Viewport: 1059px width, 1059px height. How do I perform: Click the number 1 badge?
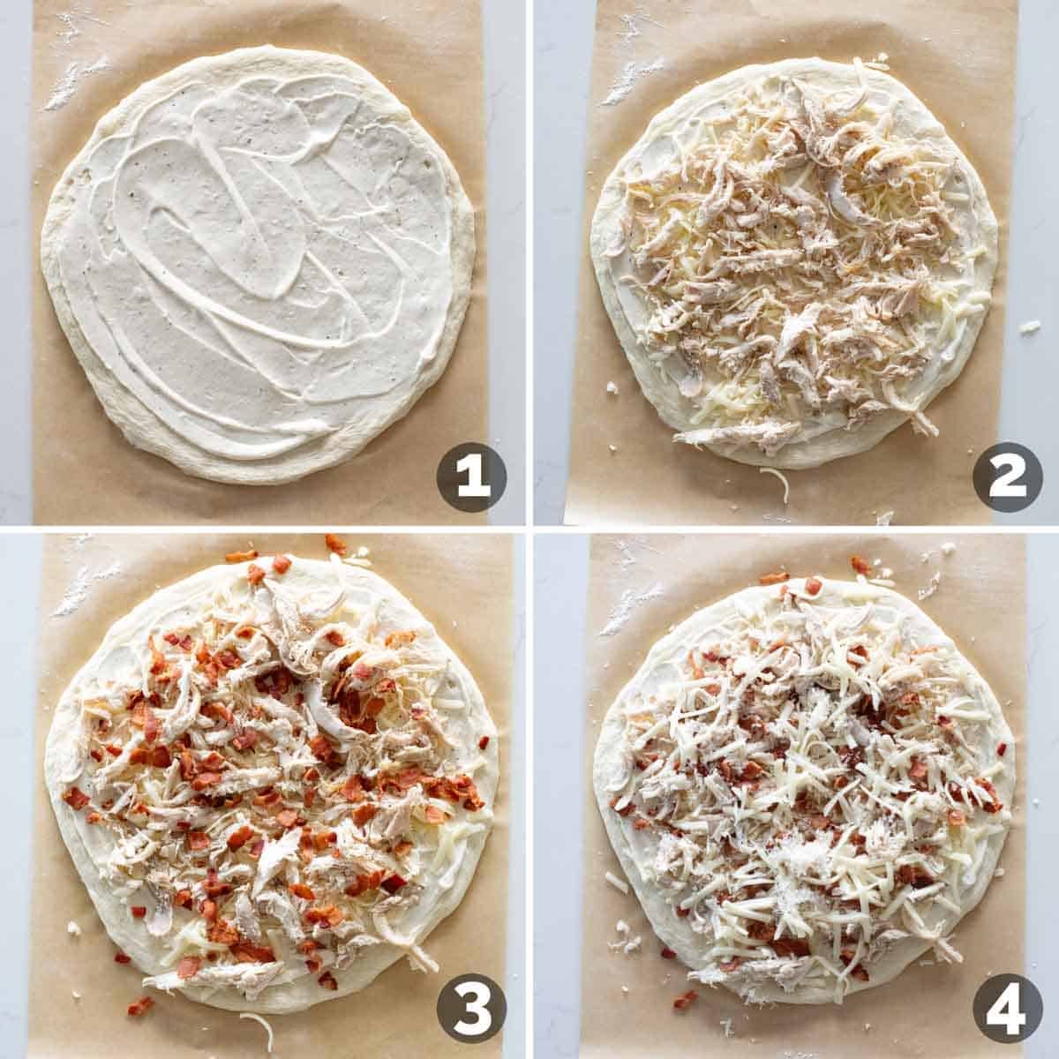[471, 477]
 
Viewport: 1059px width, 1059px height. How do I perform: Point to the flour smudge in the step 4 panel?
[631, 600]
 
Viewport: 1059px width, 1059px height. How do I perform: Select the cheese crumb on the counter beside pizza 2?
[1026, 327]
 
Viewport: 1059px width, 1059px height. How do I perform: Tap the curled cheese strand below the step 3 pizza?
[256, 1022]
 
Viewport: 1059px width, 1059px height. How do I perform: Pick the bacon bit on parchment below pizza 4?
[684, 1000]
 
